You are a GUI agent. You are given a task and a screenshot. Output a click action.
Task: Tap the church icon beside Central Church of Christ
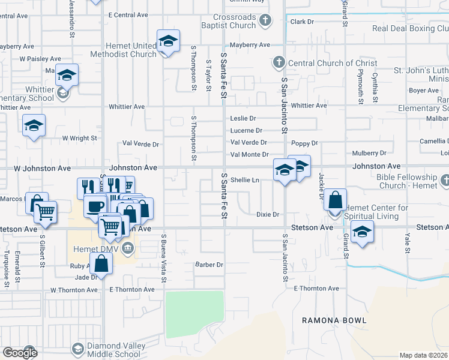(278, 62)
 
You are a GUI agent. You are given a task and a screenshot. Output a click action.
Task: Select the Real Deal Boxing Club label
(410, 28)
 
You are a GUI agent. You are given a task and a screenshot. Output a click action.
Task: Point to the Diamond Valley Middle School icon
(77, 349)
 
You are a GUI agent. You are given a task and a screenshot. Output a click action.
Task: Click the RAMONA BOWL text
(334, 320)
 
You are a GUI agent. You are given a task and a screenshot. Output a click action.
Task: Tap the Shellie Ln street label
(244, 179)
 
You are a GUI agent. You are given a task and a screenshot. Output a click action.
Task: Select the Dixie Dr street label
(268, 214)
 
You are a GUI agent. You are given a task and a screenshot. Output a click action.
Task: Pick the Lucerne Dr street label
(246, 130)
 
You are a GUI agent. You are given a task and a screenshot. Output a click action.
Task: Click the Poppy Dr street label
(304, 143)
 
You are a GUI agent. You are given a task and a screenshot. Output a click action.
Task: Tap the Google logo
(20, 352)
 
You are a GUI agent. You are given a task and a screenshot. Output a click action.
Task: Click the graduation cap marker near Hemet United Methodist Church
(168, 41)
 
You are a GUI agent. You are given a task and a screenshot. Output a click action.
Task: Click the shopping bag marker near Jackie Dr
(337, 199)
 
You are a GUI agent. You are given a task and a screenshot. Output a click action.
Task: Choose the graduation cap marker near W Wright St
(34, 125)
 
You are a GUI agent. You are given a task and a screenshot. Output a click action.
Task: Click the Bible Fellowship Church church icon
(445, 179)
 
